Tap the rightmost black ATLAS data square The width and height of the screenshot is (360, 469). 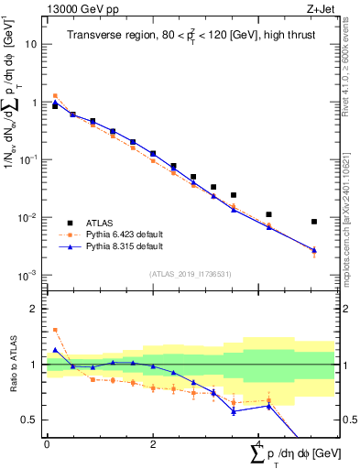(314, 222)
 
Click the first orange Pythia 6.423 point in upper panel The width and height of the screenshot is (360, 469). (55, 95)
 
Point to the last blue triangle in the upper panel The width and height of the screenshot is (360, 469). (314, 249)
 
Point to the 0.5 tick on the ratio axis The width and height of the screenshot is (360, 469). (33, 420)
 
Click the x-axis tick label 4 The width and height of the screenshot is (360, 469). (259, 443)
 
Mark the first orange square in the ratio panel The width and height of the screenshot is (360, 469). (55, 330)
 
